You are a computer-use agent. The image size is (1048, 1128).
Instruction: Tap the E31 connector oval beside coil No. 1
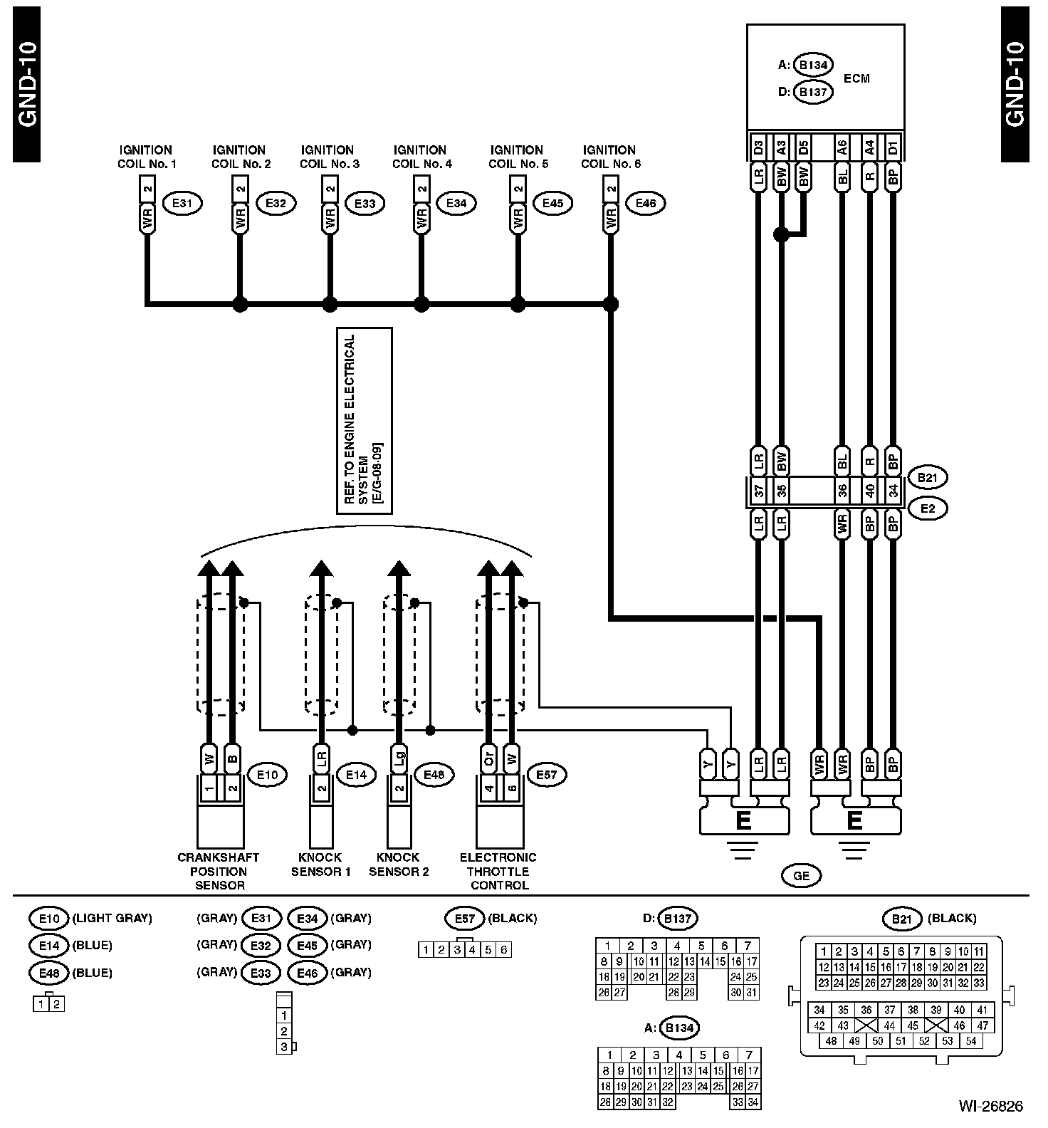(183, 204)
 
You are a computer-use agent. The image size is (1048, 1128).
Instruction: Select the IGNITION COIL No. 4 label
(421, 157)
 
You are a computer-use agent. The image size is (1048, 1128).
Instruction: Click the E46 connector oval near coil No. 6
(645, 204)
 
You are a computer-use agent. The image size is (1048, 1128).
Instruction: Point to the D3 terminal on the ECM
(758, 147)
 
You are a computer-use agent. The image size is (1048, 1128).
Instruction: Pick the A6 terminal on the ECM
(842, 147)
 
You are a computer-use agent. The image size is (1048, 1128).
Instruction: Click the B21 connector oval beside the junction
(927, 478)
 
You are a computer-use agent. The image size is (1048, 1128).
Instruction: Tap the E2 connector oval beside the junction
(927, 508)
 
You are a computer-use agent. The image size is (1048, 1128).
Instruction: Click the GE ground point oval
(801, 876)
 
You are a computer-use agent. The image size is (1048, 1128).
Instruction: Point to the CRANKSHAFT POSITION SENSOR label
(218, 872)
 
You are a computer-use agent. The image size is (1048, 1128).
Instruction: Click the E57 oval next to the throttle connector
(546, 775)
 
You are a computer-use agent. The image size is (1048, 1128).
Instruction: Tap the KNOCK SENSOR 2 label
(399, 865)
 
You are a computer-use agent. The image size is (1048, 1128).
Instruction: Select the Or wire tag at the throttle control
(488, 760)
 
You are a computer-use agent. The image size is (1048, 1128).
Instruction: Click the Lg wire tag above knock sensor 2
(399, 760)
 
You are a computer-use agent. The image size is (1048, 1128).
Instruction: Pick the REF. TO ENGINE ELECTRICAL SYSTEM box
(365, 421)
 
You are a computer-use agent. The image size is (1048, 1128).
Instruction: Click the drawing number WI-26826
(990, 1106)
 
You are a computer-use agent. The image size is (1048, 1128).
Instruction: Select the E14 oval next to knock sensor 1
(355, 775)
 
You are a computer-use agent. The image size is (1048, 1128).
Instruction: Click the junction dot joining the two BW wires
(781, 234)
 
